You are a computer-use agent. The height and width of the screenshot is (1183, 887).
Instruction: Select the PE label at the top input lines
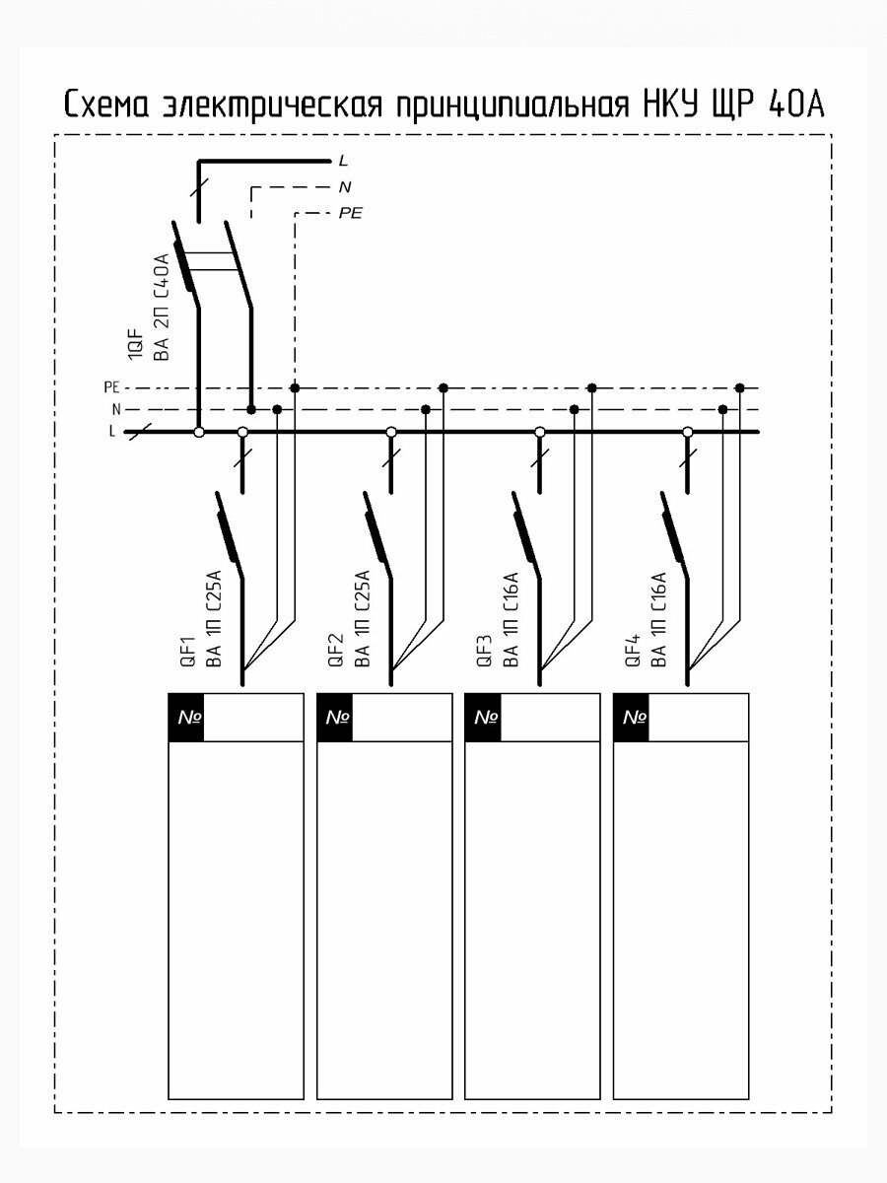[x=350, y=213]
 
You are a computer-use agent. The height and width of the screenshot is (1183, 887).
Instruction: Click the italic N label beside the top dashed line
[x=345, y=186]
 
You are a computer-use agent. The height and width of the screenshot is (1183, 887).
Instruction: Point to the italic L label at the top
[x=343, y=160]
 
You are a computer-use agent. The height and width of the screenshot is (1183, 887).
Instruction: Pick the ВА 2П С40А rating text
[x=163, y=306]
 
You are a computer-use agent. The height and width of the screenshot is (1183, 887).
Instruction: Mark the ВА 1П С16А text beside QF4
[x=659, y=619]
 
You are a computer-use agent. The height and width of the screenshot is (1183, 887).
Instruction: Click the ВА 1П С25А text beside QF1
[x=213, y=619]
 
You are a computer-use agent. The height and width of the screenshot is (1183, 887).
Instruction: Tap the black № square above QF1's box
[x=186, y=718]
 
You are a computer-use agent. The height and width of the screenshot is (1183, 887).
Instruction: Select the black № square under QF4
[x=632, y=718]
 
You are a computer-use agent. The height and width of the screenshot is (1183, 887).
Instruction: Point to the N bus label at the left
[x=115, y=409]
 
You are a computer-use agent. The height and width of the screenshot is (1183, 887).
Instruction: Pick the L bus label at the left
[x=112, y=432]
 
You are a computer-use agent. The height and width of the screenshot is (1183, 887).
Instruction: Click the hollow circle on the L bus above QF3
[x=539, y=432]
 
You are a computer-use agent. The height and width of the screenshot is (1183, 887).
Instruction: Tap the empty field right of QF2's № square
[x=401, y=718]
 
